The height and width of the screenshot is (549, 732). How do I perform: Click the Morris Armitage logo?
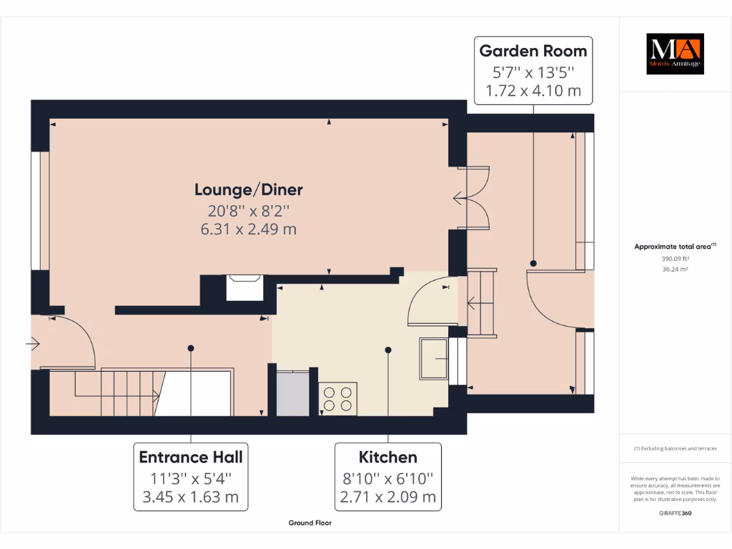(675, 54)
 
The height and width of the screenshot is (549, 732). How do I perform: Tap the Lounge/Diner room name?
(249, 189)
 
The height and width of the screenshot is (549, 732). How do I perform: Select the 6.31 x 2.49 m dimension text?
(249, 229)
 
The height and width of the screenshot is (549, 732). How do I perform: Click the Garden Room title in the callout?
(533, 51)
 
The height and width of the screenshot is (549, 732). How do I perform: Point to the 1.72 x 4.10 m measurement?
(533, 91)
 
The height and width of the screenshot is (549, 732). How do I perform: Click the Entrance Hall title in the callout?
(191, 457)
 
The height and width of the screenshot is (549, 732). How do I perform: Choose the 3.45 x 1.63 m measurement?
(191, 497)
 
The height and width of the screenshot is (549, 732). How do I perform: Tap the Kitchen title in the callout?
(388, 457)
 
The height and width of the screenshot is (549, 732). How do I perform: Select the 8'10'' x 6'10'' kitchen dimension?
(388, 478)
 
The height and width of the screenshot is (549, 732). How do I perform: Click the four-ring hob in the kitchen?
(338, 398)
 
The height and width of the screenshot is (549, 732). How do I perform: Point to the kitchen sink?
(434, 358)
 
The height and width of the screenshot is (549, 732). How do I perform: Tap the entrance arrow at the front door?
(34, 345)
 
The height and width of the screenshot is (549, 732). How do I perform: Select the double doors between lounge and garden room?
(473, 198)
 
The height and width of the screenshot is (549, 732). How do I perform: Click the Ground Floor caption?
(310, 523)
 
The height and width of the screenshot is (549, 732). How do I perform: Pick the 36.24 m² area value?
(675, 269)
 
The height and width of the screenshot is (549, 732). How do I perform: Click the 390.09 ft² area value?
(675, 259)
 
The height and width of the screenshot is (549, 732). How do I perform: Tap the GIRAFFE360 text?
(675, 513)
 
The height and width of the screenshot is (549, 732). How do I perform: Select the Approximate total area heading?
(674, 247)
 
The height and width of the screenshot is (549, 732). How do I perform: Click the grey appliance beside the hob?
(293, 392)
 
